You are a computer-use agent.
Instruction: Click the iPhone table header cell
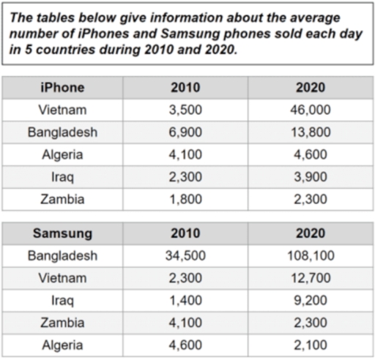(62, 88)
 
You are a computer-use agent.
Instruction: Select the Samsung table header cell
(62, 234)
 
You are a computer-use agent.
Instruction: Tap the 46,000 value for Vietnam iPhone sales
(311, 110)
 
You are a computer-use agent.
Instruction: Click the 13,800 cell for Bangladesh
(311, 132)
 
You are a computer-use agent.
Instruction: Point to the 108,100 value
(311, 256)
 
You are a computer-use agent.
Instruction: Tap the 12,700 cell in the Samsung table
(311, 278)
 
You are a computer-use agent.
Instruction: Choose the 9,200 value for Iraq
(311, 300)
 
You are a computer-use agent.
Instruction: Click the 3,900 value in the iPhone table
(311, 176)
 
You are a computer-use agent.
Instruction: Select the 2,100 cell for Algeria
(311, 344)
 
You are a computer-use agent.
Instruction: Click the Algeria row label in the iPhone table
(62, 154)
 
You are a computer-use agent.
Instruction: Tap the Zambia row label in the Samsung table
(62, 322)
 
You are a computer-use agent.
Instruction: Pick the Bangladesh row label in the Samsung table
(62, 256)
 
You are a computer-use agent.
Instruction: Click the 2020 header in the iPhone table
(311, 88)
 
